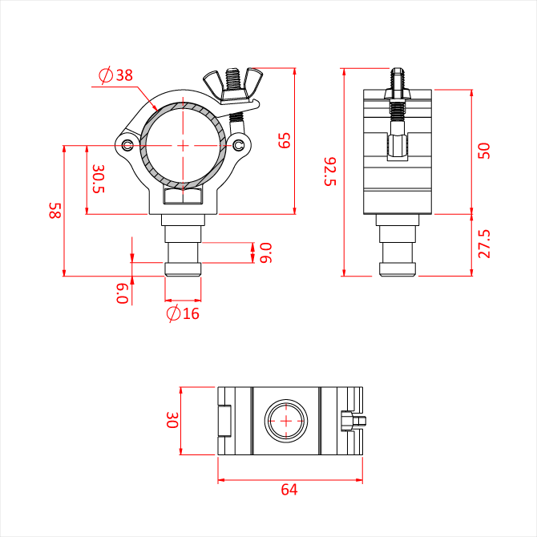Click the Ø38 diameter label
click(115, 75)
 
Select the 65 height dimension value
click(285, 140)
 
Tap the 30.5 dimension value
click(99, 179)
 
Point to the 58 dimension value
click(55, 210)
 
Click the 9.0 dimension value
click(266, 252)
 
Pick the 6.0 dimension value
click(123, 293)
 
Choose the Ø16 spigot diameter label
click(183, 313)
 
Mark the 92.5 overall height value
click(330, 172)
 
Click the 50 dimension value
click(484, 151)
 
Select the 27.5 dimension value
click(484, 244)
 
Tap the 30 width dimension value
click(172, 420)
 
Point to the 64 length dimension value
click(289, 490)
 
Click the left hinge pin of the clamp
click(127, 146)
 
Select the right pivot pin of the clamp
click(238, 146)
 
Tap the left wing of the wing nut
click(212, 83)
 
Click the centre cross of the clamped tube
click(183, 146)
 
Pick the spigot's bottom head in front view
click(183, 269)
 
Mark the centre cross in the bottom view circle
click(286, 421)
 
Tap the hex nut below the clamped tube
click(183, 196)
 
